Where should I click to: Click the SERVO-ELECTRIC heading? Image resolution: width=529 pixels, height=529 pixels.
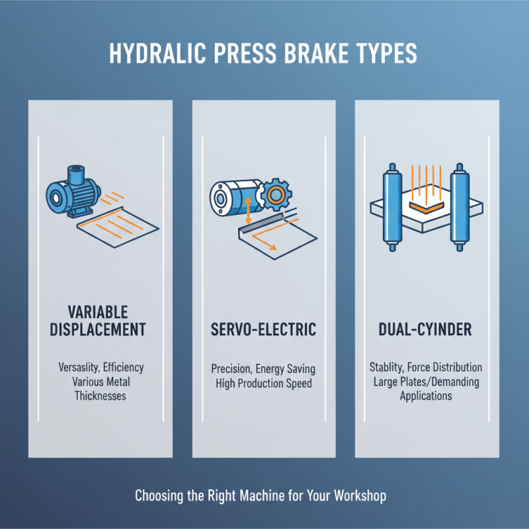pos(263,329)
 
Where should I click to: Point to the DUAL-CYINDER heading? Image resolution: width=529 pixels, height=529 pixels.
pos(425,329)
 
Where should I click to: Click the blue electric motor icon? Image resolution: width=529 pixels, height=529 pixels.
pos(69,191)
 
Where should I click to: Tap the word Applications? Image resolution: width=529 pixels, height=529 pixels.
pos(425,396)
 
